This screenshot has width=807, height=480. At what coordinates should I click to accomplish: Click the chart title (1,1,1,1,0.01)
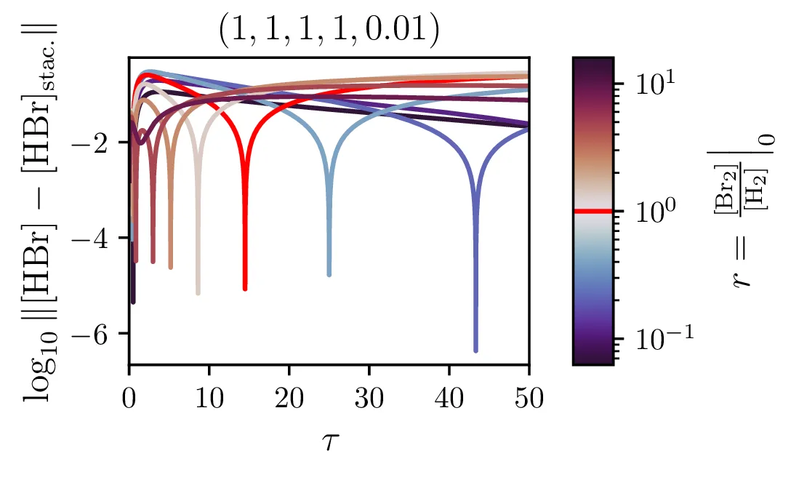[x=329, y=33]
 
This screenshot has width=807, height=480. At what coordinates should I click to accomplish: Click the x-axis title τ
[x=329, y=439]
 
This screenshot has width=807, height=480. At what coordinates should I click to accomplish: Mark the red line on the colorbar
[x=593, y=211]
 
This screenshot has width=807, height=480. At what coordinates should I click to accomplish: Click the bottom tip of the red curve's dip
[x=245, y=289]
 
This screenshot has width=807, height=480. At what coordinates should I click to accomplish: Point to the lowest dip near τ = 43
[x=475, y=351]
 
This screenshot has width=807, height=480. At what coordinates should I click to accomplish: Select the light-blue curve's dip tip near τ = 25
[x=329, y=275]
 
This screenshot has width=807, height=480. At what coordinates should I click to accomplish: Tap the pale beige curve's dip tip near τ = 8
[x=198, y=293]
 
